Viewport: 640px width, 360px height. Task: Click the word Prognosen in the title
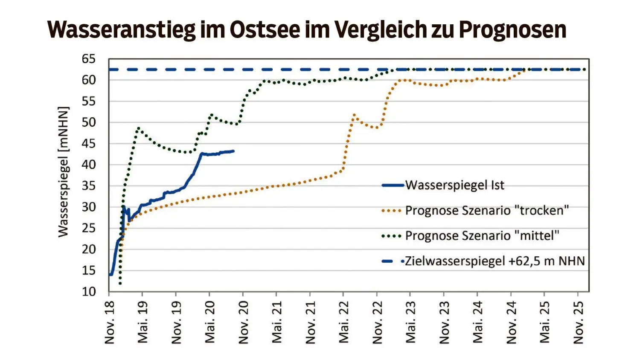coord(512,29)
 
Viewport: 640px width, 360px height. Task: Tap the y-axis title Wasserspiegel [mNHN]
coord(63,172)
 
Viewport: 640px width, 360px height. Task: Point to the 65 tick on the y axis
coord(89,59)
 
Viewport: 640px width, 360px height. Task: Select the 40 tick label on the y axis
coord(89,165)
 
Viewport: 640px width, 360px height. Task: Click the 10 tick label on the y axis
coord(89,292)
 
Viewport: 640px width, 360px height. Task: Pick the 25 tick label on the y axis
coord(89,228)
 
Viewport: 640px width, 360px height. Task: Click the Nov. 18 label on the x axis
coord(110,322)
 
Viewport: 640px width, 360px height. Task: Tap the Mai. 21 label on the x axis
coord(277,322)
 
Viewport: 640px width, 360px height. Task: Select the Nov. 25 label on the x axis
coord(578,322)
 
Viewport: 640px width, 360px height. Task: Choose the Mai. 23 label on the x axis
coord(411,322)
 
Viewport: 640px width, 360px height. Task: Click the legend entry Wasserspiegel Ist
coord(454,185)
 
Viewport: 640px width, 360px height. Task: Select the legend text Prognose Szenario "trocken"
coord(487,210)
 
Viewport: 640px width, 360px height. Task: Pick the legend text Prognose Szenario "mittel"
coord(482,235)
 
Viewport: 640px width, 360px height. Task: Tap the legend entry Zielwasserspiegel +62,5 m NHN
coord(495,261)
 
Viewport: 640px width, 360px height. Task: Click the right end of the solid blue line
coord(233,151)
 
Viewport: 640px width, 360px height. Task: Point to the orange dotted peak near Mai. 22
coord(354,115)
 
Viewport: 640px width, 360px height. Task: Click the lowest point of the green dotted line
coord(120,283)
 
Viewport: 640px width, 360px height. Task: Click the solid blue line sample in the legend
coord(393,185)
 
